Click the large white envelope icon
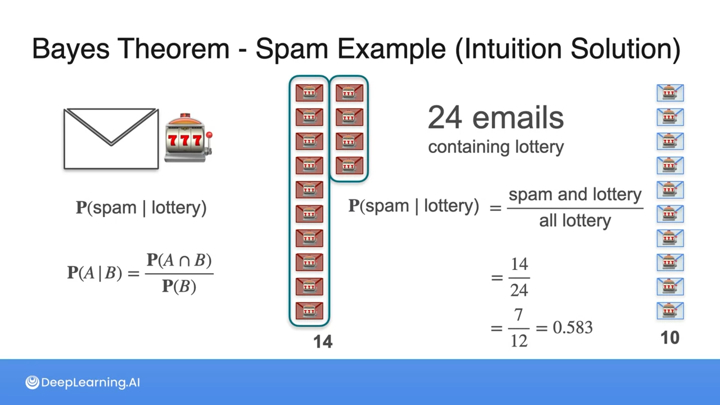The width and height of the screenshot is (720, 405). click(111, 139)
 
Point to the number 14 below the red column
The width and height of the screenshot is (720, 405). click(322, 342)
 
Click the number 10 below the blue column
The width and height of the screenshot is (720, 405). click(670, 338)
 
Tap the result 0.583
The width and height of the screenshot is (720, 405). click(573, 328)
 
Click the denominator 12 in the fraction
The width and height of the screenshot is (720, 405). click(519, 341)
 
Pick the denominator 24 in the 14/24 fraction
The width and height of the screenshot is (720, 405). click(519, 290)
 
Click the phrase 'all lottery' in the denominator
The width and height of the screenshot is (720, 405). click(575, 220)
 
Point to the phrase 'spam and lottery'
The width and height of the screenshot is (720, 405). click(575, 195)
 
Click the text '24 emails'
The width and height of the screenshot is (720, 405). click(496, 118)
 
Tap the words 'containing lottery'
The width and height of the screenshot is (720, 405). click(496, 147)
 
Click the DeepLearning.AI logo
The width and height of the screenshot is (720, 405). click(82, 382)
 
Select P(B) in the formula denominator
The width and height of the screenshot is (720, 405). click(179, 286)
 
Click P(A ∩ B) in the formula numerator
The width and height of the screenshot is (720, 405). click(179, 260)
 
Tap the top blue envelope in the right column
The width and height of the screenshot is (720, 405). click(670, 93)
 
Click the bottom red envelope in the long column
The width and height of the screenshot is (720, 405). click(309, 311)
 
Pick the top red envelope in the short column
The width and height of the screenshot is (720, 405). click(349, 93)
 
